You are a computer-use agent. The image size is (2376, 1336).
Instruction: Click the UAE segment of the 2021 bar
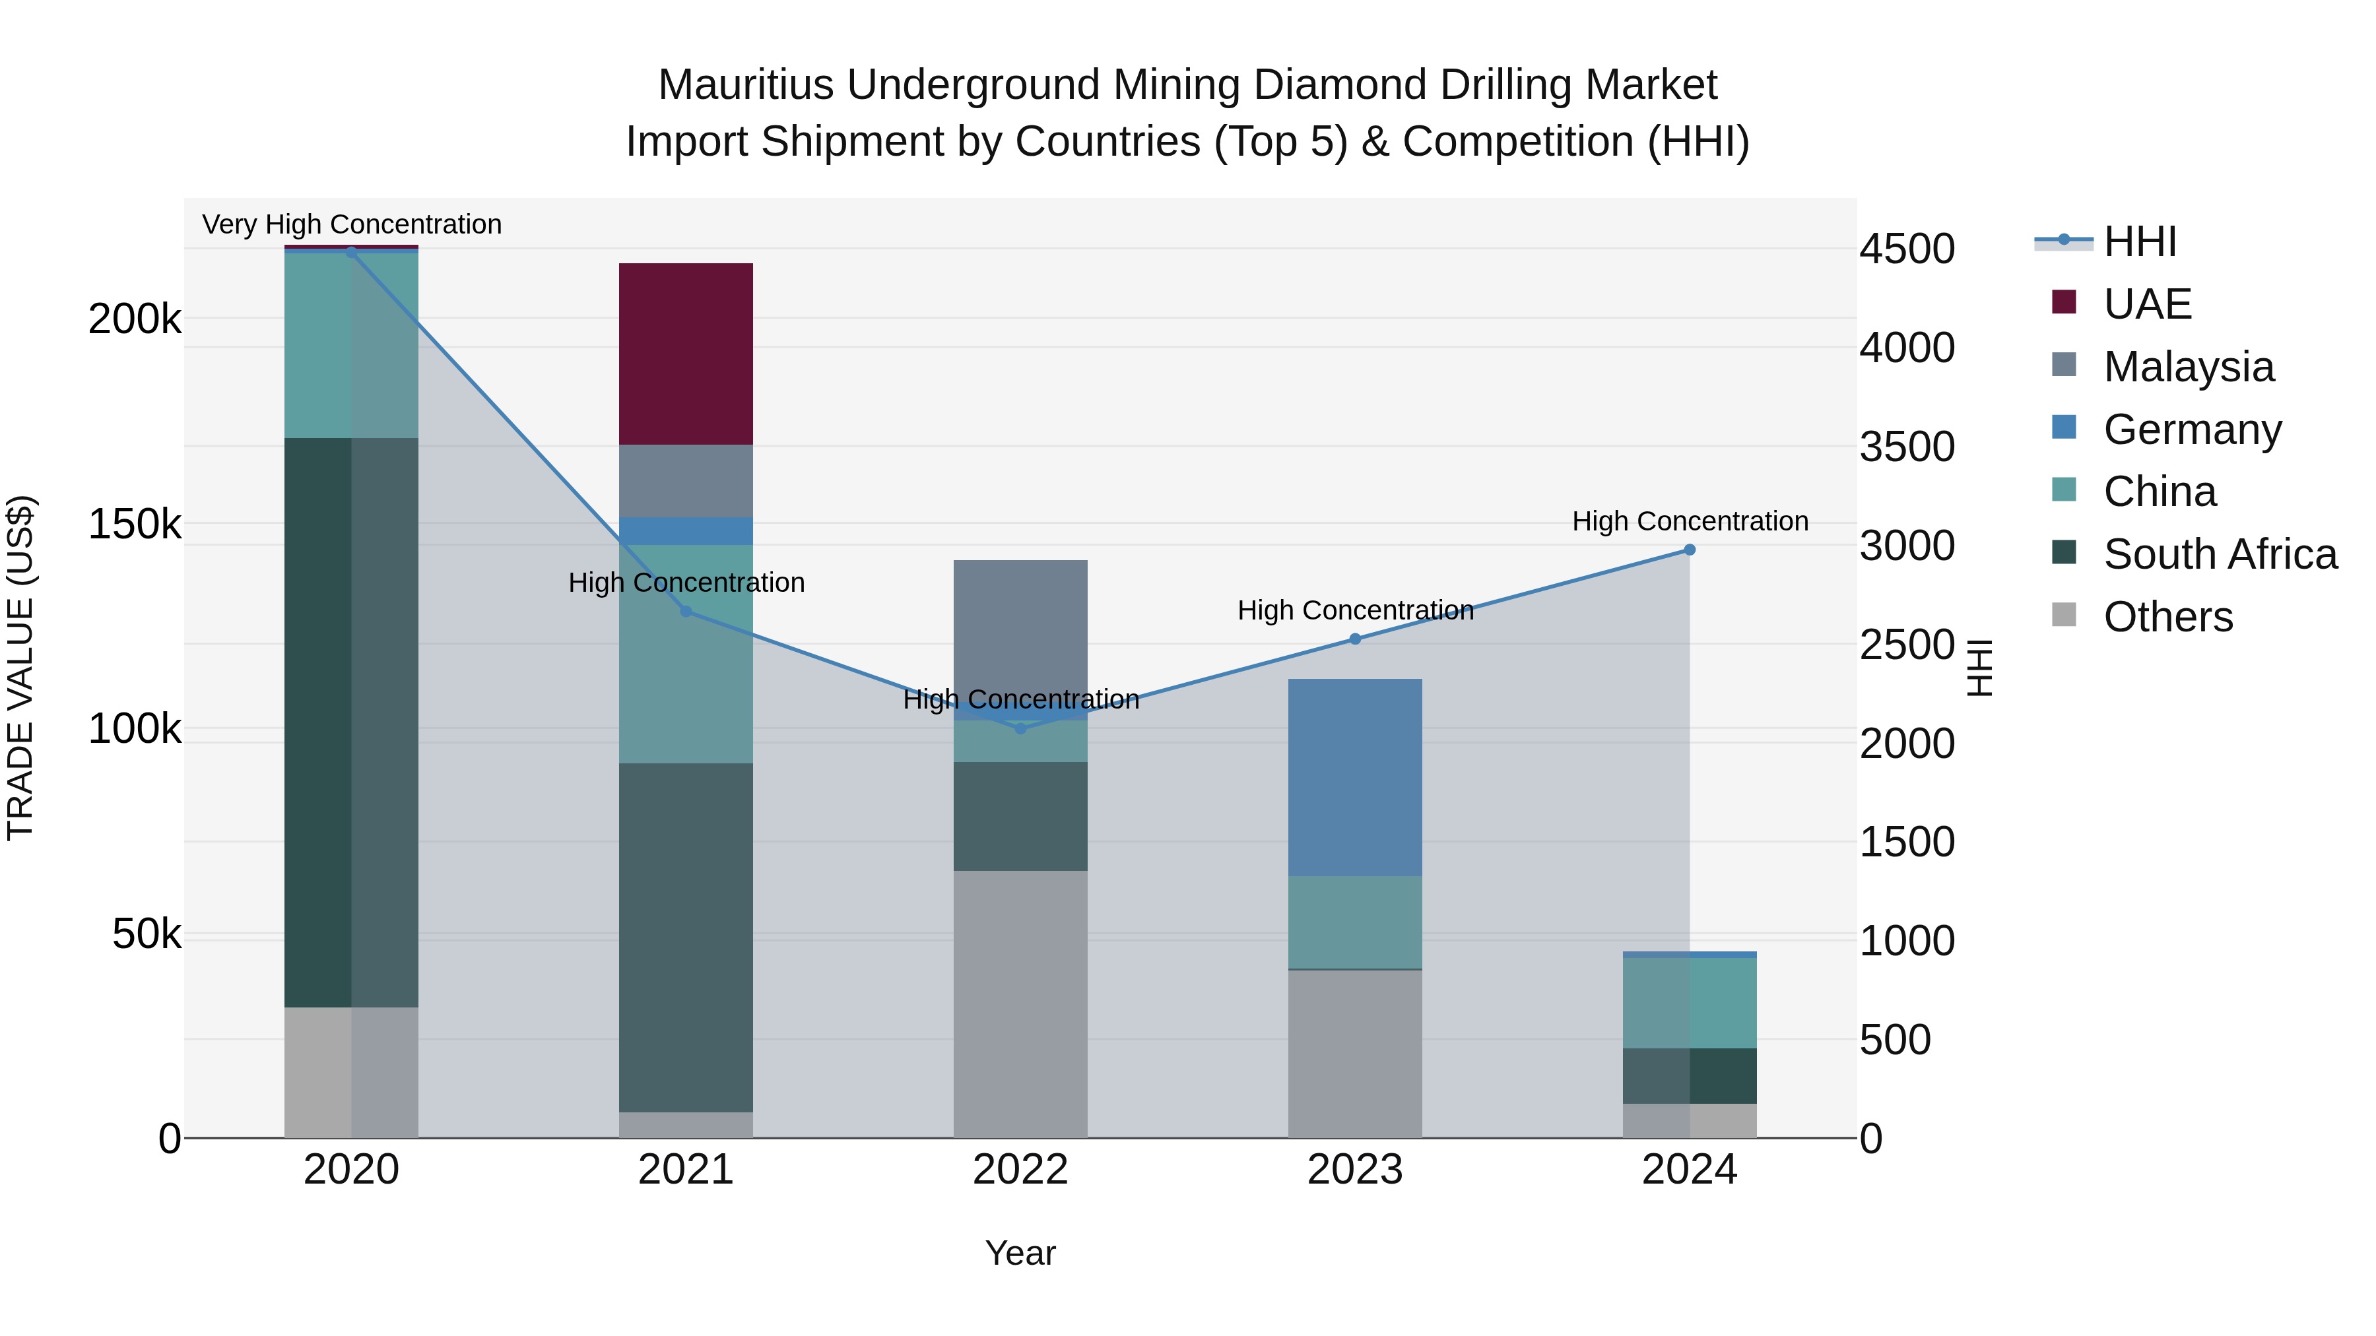685,354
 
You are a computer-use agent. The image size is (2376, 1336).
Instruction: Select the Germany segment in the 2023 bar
1354,777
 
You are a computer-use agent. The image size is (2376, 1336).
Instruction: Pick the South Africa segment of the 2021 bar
685,937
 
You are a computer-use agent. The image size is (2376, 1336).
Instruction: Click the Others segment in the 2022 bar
1020,1003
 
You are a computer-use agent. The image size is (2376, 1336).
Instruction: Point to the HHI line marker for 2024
1689,550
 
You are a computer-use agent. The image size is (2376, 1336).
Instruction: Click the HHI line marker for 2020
350,252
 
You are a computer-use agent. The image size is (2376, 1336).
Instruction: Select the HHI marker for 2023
1354,639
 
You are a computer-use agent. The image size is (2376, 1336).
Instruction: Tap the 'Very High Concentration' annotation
351,224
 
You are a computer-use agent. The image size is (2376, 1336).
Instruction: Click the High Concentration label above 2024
1689,521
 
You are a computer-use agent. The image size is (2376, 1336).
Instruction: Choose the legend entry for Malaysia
2188,367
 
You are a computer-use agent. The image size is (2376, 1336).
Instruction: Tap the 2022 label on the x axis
1020,1170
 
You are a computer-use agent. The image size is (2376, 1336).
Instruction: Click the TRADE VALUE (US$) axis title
20,668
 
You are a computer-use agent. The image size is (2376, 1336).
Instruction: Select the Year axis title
1020,1253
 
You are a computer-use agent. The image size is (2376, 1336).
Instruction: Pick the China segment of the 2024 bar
1689,1002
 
